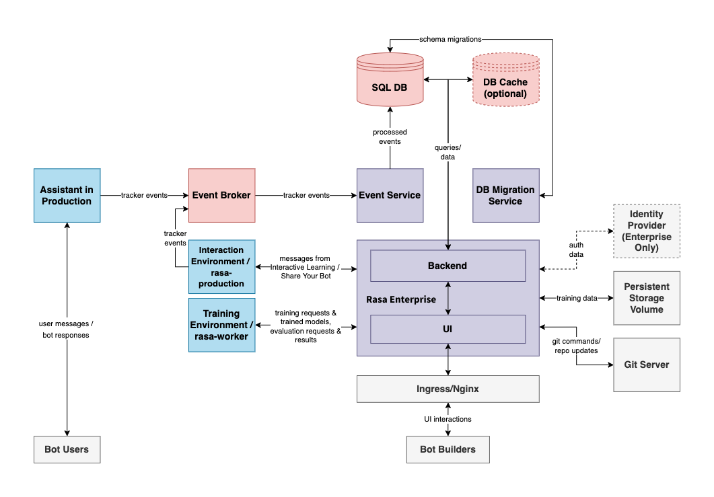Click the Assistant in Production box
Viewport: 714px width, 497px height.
[67, 195]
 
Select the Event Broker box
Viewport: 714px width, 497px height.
[221, 195]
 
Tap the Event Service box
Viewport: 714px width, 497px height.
[390, 195]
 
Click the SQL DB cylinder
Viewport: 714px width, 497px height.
[390, 80]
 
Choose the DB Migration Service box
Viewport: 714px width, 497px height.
[505, 195]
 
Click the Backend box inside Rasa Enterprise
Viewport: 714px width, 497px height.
[448, 266]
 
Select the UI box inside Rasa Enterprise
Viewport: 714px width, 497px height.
[448, 330]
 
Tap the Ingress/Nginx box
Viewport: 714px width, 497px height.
[448, 389]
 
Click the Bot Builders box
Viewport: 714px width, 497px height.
[448, 449]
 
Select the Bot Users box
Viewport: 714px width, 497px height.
[67, 449]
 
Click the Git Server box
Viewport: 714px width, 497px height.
[646, 365]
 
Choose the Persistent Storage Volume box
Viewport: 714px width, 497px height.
[646, 298]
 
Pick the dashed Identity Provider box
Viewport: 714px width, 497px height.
[646, 231]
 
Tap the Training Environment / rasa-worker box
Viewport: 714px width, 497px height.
[221, 325]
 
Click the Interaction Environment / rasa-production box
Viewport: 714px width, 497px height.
[221, 266]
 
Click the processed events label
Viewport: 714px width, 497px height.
[390, 137]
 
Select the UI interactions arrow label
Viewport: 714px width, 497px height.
[448, 419]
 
